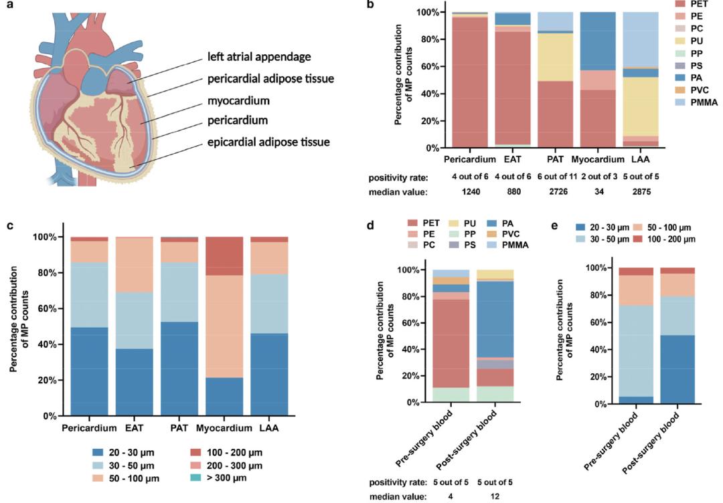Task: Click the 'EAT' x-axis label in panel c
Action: tap(133, 427)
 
